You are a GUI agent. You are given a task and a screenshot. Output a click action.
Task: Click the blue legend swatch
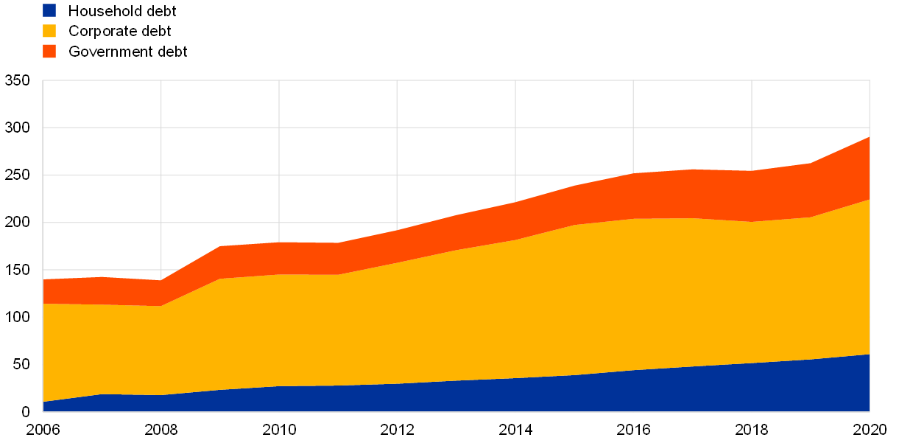point(49,10)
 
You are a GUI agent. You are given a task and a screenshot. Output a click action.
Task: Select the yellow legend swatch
point(49,31)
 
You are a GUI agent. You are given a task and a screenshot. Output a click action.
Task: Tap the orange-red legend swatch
point(49,52)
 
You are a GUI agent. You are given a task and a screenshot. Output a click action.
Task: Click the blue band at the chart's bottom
point(515,395)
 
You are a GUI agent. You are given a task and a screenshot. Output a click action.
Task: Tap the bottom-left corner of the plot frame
point(43,411)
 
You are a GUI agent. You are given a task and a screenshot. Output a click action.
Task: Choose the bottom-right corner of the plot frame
point(870,411)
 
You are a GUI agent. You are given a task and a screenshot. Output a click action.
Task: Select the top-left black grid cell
point(102,104)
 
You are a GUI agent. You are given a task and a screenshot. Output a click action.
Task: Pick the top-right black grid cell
point(811,104)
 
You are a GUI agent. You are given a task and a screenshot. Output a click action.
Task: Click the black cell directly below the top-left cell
point(102,151)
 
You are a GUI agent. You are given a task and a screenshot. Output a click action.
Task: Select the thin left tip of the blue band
point(46,406)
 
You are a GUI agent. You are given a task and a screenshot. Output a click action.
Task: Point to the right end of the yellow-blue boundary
point(869,355)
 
